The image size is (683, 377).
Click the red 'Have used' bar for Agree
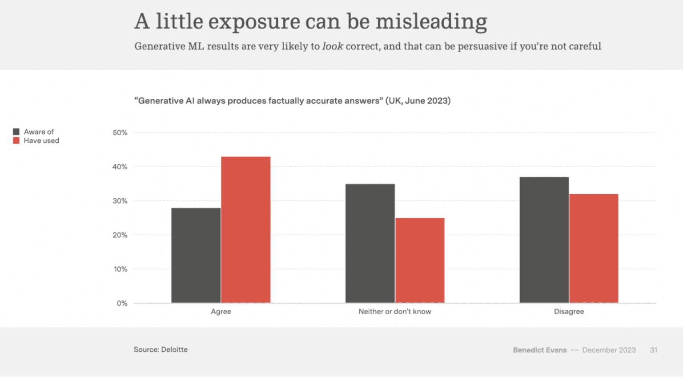tap(246, 229)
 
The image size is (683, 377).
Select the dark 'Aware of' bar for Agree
tap(196, 255)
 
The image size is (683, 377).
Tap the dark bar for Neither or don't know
tap(370, 243)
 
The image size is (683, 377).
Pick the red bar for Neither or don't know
tap(420, 260)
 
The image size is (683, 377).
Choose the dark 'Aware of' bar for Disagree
tap(544, 240)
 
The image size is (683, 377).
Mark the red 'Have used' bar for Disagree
tap(594, 248)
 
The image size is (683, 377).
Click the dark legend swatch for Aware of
tap(16, 132)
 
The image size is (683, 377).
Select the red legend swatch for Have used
tap(16, 140)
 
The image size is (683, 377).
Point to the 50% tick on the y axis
tap(120, 132)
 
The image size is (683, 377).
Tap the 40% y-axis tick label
tap(120, 167)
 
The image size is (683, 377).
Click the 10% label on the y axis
tap(121, 269)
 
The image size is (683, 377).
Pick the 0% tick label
tap(122, 303)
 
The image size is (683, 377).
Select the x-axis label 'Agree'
tap(221, 312)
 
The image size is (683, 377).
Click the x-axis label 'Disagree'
tap(569, 312)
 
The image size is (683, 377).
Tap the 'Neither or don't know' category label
tap(395, 312)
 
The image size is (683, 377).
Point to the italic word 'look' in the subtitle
tap(333, 46)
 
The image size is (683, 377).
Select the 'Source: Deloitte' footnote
tap(161, 349)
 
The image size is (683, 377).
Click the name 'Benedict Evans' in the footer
tap(540, 350)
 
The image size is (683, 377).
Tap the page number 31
tap(653, 350)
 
